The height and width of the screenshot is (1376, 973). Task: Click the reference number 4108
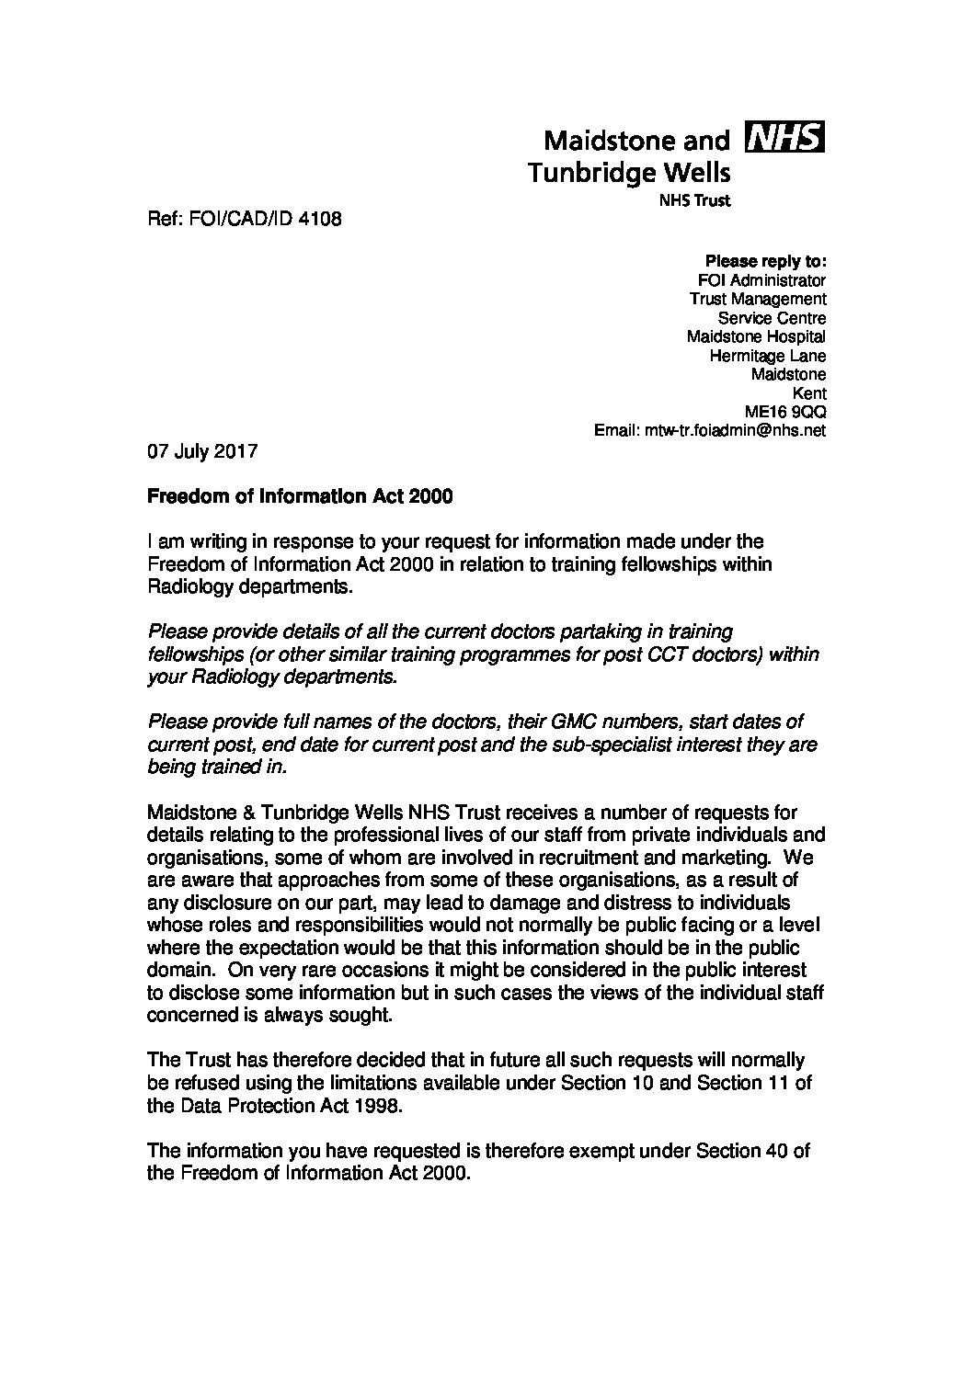320,220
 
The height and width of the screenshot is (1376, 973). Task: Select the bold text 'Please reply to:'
765,260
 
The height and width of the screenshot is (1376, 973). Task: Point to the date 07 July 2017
202,452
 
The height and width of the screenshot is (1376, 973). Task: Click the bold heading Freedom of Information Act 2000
300,497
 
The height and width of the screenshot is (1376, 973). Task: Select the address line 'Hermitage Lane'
767,356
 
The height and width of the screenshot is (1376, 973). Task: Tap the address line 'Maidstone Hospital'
756,336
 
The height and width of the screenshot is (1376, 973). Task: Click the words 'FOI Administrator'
762,279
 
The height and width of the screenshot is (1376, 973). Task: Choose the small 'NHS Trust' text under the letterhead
695,200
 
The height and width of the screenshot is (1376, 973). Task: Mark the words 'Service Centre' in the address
772,317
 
